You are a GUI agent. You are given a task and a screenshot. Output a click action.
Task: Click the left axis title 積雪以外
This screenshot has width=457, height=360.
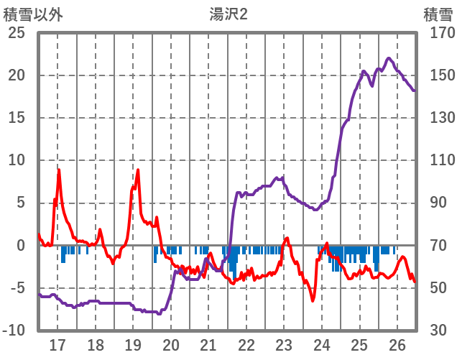point(33,14)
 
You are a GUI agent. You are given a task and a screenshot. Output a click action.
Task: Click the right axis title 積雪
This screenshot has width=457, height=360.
point(438,14)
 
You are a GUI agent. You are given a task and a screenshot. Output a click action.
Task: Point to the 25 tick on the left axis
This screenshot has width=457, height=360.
point(17,33)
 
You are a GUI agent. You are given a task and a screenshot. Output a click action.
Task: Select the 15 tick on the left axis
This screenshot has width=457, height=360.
point(17,118)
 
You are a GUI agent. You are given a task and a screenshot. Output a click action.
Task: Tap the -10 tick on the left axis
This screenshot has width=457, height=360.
point(14,331)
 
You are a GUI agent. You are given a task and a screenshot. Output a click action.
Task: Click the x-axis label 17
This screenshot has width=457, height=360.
point(57,344)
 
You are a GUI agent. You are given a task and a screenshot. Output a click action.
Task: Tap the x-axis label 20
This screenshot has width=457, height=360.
point(171,344)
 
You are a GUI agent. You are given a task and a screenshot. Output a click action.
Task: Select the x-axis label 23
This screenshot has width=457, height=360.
point(284,344)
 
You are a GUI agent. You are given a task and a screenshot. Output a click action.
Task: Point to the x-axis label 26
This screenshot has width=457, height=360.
point(397,344)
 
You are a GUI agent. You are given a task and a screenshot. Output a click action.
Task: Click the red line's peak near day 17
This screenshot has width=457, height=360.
point(59,170)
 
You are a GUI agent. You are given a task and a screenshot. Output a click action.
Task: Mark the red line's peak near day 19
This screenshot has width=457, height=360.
point(138,170)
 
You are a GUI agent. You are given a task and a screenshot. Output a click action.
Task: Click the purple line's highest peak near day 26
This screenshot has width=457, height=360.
point(389,58)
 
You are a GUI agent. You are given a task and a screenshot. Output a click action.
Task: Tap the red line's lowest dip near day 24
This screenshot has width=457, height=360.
point(313,300)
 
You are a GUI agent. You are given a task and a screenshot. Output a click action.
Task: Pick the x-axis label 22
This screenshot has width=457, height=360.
point(246,344)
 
